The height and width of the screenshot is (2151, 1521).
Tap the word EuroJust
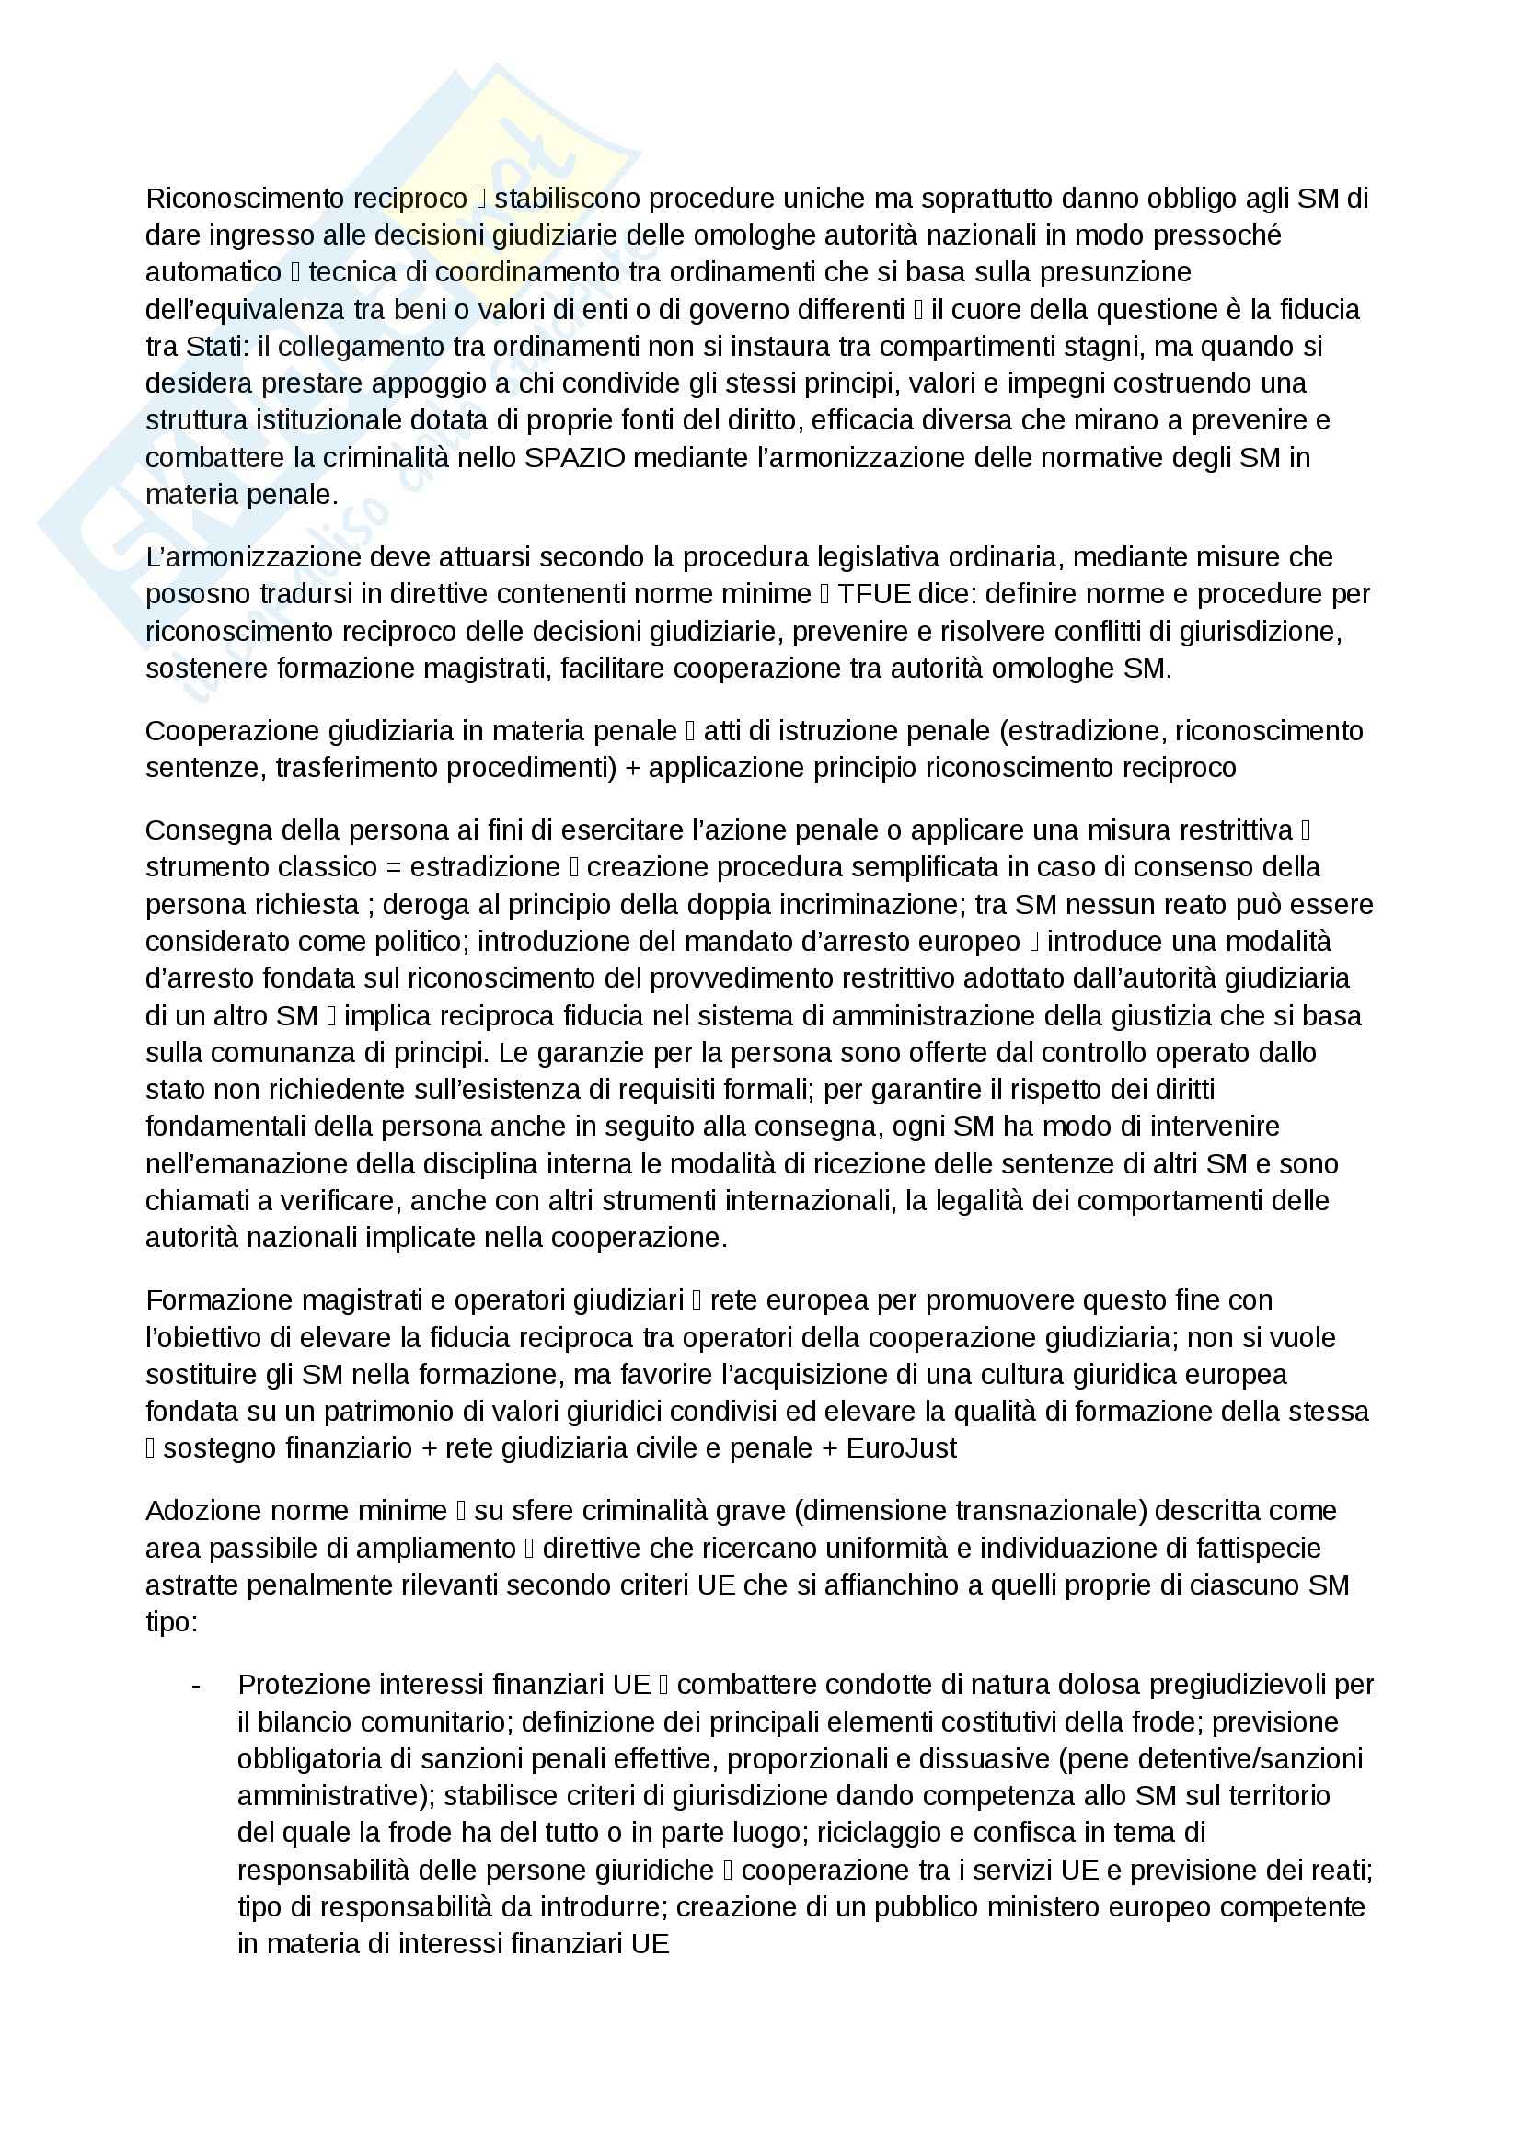click(x=901, y=1449)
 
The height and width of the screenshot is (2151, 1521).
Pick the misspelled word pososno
click(x=196, y=595)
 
